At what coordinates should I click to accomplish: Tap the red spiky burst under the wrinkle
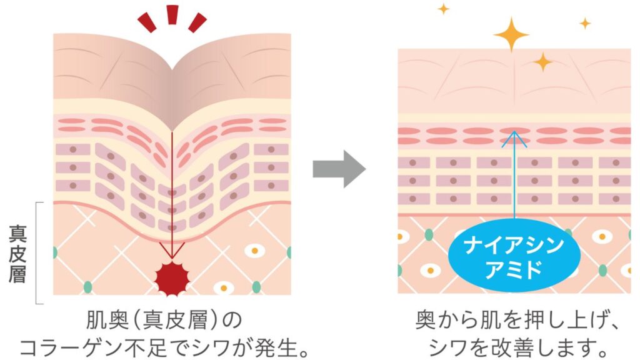point(172,276)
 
